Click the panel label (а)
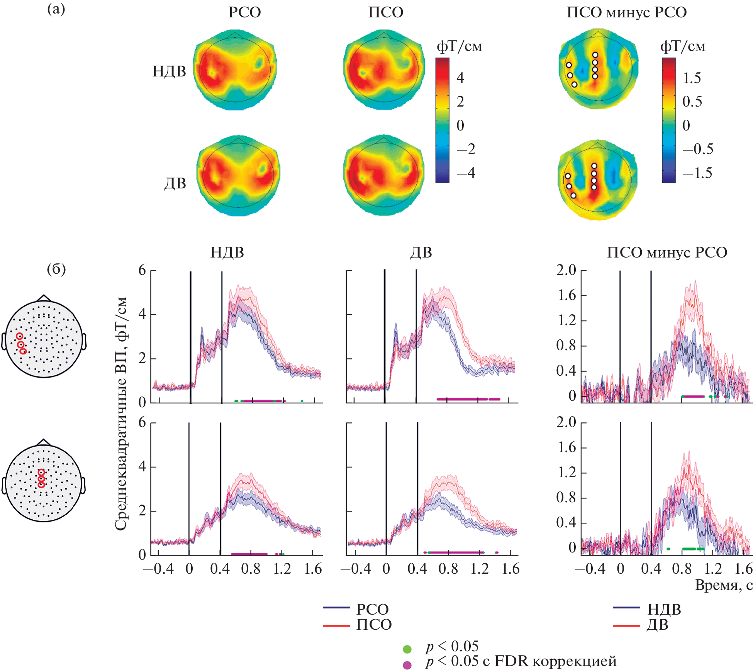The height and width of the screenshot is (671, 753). (56, 9)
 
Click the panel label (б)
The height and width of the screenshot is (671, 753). (56, 269)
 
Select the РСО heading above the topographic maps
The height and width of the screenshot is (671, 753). (244, 12)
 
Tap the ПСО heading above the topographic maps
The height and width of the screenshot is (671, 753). (386, 12)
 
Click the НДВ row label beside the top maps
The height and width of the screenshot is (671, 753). (169, 71)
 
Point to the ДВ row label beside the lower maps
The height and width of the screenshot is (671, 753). (175, 183)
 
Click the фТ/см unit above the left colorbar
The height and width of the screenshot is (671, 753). (459, 46)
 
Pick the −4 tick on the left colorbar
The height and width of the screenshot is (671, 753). (466, 173)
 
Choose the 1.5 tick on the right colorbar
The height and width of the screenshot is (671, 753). (692, 78)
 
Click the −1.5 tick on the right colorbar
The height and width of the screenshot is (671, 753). (697, 173)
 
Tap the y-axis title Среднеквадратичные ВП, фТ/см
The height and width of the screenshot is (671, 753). (121, 413)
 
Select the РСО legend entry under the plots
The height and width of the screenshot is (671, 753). (372, 609)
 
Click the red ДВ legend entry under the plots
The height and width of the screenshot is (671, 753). (657, 624)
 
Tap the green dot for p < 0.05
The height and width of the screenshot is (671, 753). (407, 649)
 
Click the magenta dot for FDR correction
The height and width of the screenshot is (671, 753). (407, 665)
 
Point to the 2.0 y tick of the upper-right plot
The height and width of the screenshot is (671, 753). (566, 270)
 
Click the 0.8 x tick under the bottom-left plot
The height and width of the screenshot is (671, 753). (251, 569)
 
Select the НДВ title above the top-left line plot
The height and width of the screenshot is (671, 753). (227, 252)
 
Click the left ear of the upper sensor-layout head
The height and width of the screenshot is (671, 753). (4, 341)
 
